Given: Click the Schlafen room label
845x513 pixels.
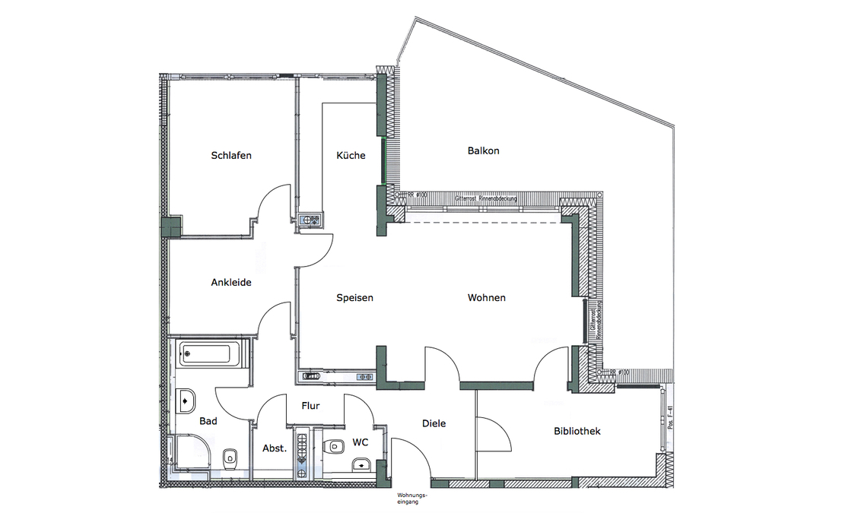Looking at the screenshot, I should pos(231,156).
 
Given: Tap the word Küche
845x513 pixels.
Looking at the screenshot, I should pos(351,156).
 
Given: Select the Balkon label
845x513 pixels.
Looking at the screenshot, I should pos(483,150).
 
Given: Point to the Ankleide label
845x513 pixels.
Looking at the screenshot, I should pos(231,283).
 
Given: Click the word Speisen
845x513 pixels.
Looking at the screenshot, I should pos(354,298).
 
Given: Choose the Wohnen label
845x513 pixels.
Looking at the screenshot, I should pos(487,298).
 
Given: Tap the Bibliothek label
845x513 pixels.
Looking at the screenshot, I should pos(577,431).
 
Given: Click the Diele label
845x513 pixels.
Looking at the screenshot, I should pos(434,423).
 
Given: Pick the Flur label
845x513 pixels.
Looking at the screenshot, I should pos(310,406).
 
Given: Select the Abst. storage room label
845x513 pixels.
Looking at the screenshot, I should pos(275,448).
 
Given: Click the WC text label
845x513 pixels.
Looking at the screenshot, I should pos(360,442).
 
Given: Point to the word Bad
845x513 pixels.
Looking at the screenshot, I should pos(208,420).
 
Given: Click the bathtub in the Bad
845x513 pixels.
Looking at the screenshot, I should pos(211,353).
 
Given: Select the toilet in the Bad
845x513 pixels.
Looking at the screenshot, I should pos(230,458).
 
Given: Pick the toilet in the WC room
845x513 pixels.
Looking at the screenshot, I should pos(333,445).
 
